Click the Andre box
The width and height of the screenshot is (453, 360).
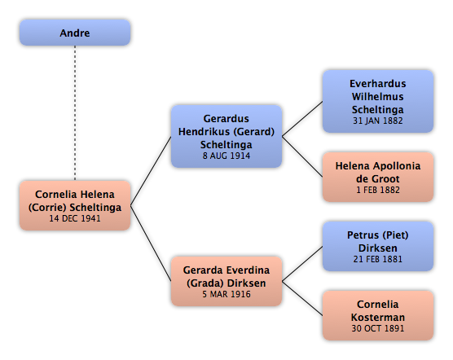point(75,33)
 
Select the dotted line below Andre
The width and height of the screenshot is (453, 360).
point(75,113)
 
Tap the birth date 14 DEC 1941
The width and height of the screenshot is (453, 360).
point(75,218)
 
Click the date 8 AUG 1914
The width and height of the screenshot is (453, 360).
point(226,156)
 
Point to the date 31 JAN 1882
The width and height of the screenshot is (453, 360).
point(377,121)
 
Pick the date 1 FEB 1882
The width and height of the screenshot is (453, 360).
point(377,190)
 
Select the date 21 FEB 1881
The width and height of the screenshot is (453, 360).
point(377,259)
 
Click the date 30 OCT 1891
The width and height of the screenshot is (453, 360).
point(377,328)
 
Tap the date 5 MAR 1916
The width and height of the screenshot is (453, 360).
point(226,294)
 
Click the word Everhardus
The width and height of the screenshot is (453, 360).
point(377,84)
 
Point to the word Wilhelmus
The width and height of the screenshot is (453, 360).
point(377,97)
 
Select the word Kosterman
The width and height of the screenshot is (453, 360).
point(377,318)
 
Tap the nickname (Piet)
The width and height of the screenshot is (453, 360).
point(395,235)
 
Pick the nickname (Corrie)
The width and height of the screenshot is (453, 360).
point(47,208)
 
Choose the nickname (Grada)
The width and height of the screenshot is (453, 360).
point(205,283)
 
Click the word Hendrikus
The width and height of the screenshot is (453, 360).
point(205,132)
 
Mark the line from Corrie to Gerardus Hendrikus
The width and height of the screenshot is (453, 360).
point(151,171)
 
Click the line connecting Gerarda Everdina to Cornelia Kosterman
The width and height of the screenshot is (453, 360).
point(302,298)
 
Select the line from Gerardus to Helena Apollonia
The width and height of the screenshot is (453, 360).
point(302,156)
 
